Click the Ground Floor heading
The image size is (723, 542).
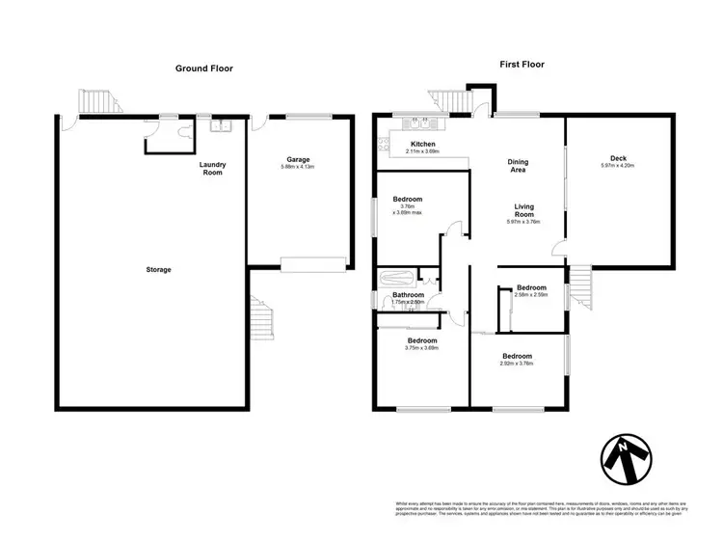click(203, 68)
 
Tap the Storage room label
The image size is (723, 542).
click(158, 269)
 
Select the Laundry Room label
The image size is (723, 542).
click(212, 169)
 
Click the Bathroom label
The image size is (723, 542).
click(409, 294)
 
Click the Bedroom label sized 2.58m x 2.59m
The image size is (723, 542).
click(531, 287)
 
